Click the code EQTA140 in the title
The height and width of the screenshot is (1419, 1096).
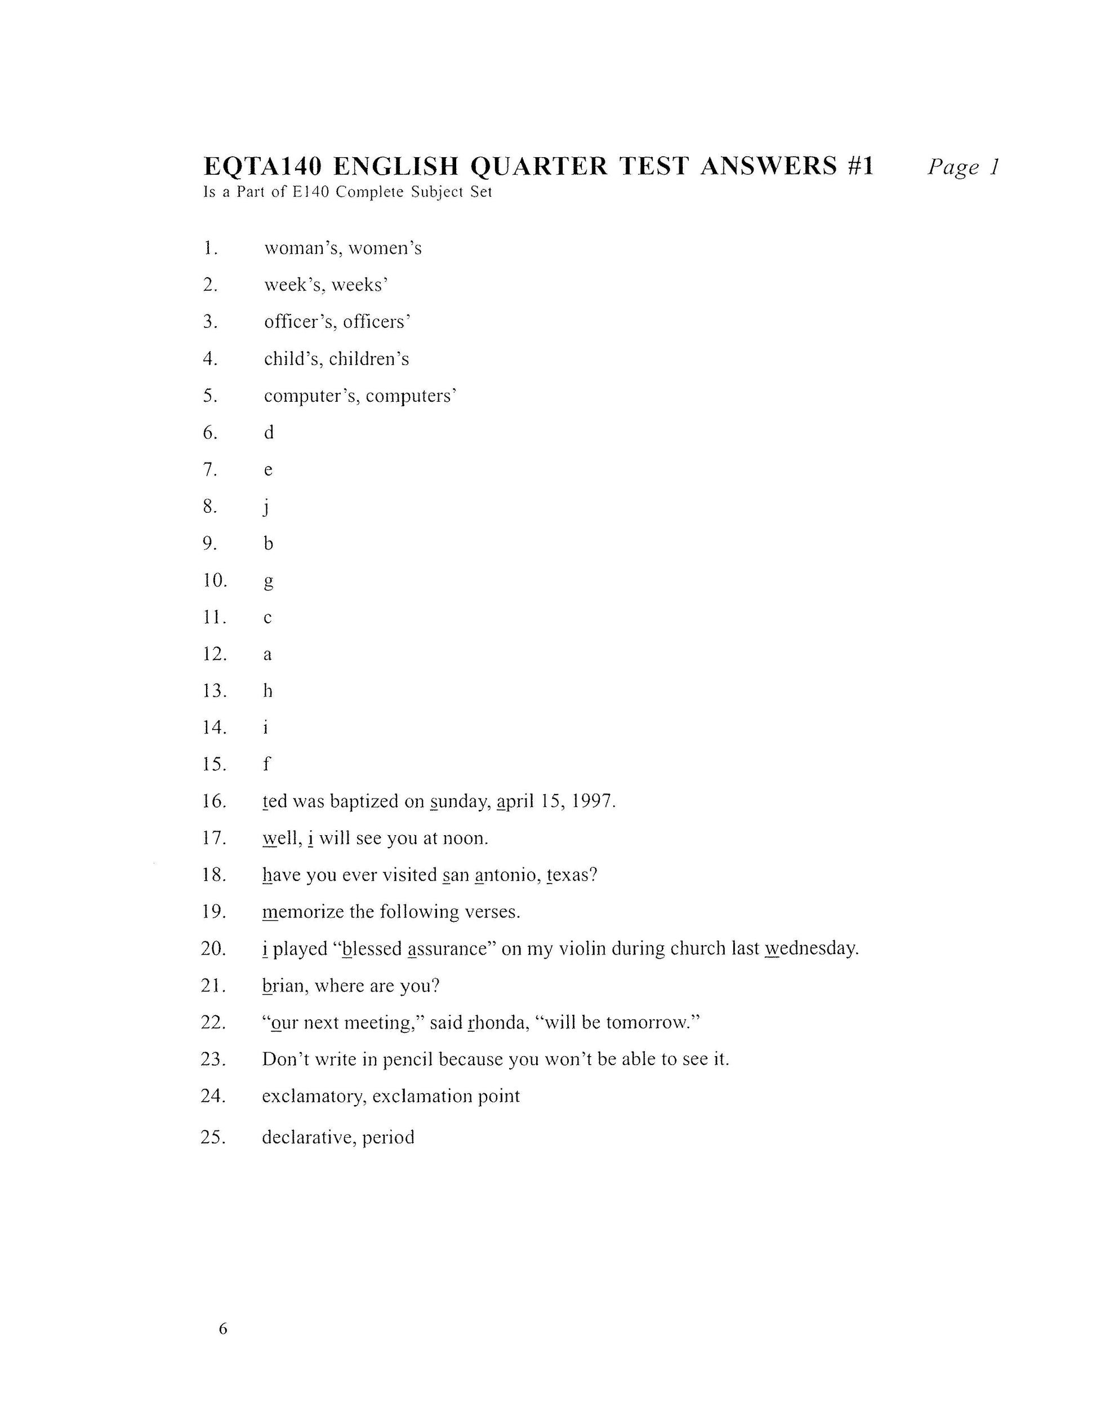point(262,166)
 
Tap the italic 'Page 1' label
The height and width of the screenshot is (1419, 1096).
point(963,167)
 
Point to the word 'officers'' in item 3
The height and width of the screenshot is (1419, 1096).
point(377,322)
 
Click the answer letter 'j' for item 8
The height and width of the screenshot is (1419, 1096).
point(266,507)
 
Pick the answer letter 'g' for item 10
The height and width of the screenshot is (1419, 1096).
point(268,582)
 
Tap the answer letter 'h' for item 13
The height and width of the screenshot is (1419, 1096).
point(268,691)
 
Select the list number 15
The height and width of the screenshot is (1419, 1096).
point(213,765)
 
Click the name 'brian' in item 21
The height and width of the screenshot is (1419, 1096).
point(285,986)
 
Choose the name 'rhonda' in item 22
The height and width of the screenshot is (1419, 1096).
point(497,1023)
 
